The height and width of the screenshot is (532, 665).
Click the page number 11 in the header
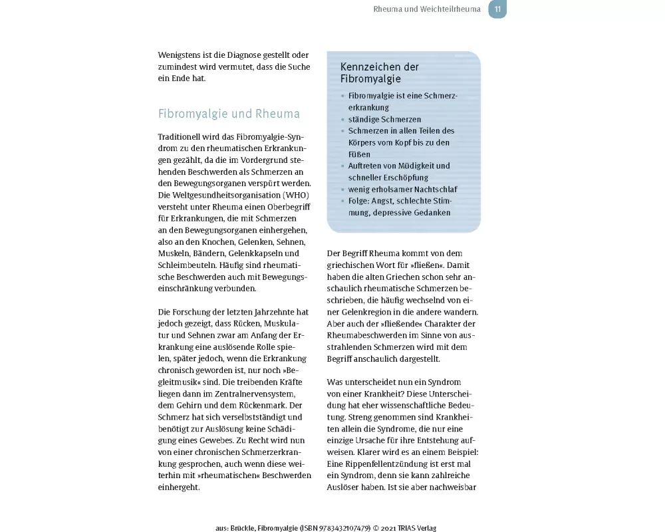click(497, 9)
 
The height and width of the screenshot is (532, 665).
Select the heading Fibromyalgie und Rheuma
click(229, 114)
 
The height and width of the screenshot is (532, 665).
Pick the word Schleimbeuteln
click(188, 265)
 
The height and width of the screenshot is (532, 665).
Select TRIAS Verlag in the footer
click(417, 528)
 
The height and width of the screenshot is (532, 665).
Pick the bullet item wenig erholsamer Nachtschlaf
click(403, 190)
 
